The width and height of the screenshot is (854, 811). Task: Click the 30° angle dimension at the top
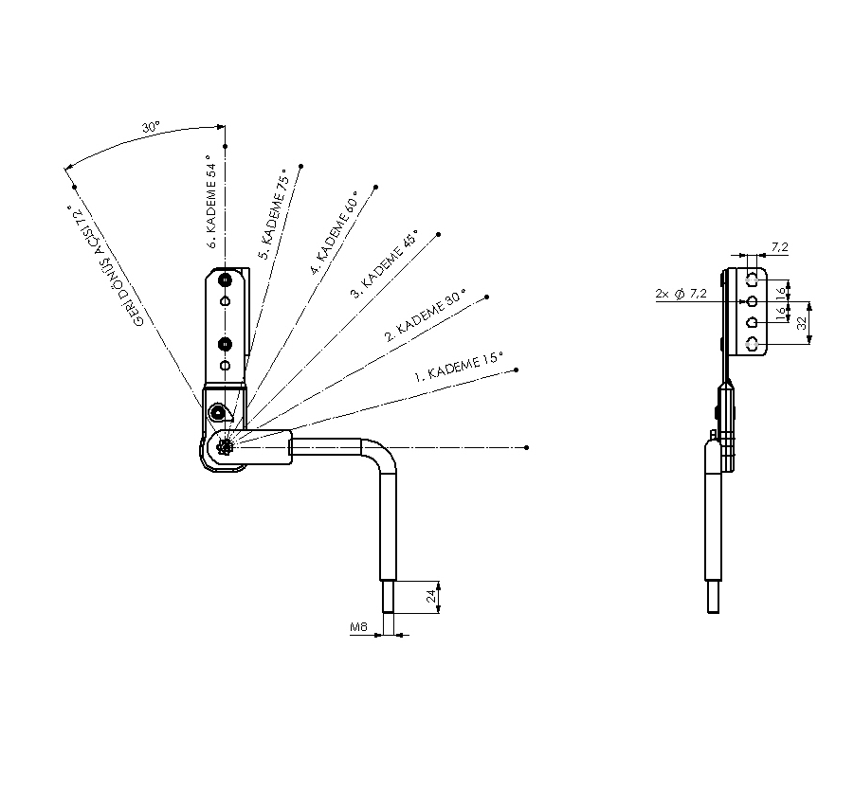point(151,126)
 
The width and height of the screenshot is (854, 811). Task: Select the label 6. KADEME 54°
point(212,207)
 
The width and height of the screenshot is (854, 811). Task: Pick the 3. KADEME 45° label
point(384,267)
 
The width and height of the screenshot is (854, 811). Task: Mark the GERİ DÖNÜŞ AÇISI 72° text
point(106,266)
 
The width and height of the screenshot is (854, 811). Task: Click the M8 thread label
point(358,627)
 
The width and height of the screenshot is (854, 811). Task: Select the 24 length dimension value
point(430,596)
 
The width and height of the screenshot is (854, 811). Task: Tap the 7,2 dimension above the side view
point(779,247)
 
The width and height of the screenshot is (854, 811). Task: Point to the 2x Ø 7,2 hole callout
point(681,295)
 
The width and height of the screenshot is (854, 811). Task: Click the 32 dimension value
point(803,322)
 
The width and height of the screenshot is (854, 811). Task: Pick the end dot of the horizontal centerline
point(526,446)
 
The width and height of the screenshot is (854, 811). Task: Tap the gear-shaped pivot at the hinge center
point(226,448)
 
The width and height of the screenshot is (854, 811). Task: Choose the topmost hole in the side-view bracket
point(752,279)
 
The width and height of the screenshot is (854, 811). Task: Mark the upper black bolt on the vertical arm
point(225,281)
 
